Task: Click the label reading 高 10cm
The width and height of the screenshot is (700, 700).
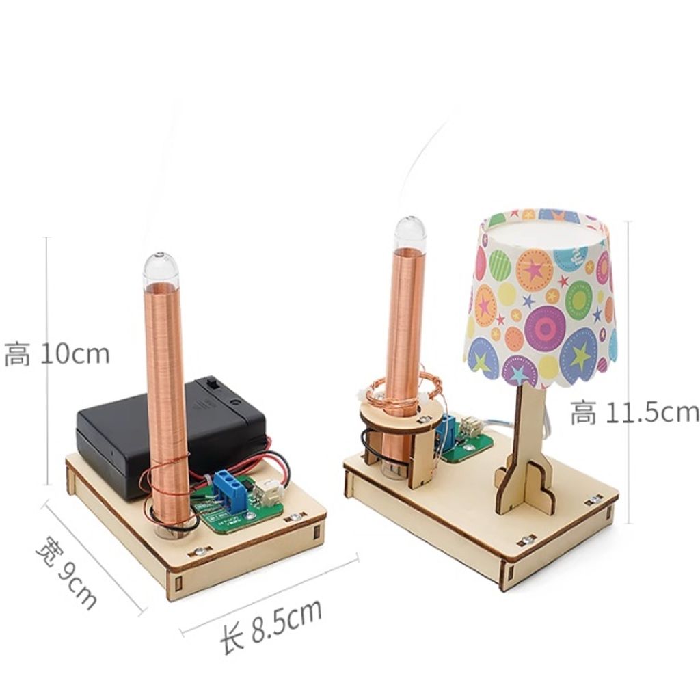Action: (57, 353)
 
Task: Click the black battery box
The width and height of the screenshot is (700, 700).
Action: (172, 435)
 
